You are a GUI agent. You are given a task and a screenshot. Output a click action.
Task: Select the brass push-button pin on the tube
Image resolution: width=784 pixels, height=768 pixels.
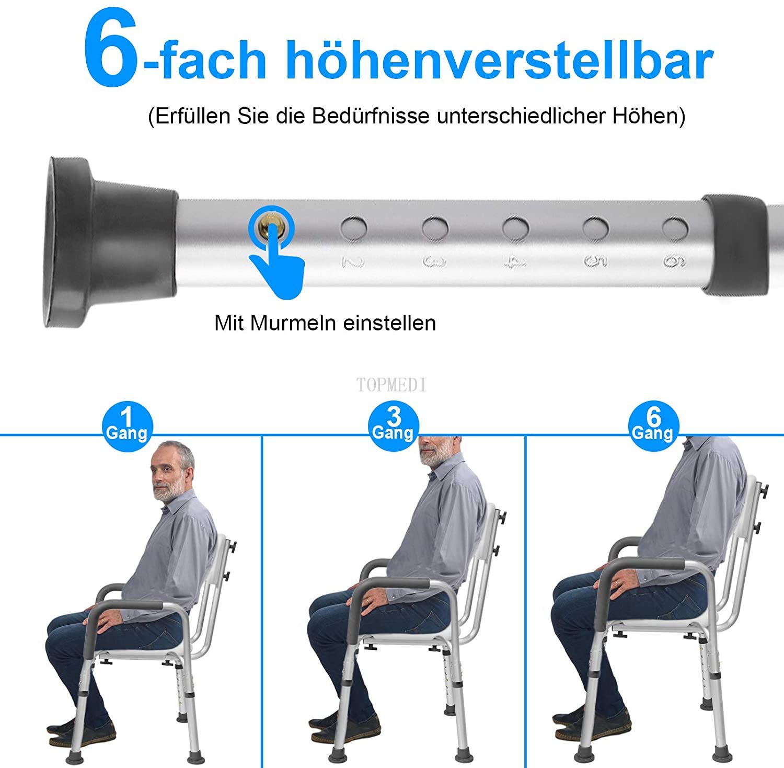click(x=272, y=227)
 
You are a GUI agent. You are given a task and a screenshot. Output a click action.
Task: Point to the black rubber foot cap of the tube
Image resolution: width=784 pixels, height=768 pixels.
click(x=110, y=242)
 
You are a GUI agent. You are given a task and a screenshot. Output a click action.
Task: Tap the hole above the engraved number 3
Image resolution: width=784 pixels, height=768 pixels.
click(x=435, y=228)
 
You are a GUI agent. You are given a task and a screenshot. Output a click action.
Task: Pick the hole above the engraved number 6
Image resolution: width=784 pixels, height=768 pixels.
click(x=675, y=227)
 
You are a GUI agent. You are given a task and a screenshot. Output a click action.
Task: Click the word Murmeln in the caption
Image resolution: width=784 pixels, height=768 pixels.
click(x=293, y=323)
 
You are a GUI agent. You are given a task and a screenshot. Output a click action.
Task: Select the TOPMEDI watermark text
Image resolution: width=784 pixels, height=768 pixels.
click(x=391, y=385)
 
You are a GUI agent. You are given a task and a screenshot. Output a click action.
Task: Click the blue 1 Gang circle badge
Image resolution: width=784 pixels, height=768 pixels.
click(x=128, y=426)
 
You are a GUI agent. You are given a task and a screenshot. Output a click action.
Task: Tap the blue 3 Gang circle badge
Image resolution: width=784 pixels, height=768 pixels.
click(x=393, y=426)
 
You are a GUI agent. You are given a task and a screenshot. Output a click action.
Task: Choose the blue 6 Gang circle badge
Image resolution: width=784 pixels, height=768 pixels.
click(x=653, y=426)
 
